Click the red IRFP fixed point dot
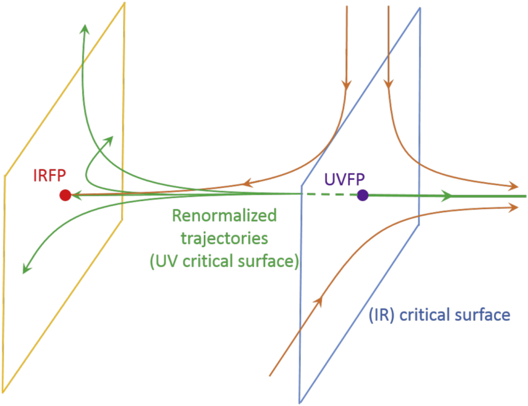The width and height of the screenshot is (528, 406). click(x=65, y=195)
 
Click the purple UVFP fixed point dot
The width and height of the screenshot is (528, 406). click(x=362, y=195)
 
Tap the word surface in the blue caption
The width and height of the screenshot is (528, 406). click(x=482, y=315)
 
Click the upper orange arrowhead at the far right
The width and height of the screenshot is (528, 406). click(x=513, y=186)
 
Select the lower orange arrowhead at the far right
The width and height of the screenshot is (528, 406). click(x=513, y=208)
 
